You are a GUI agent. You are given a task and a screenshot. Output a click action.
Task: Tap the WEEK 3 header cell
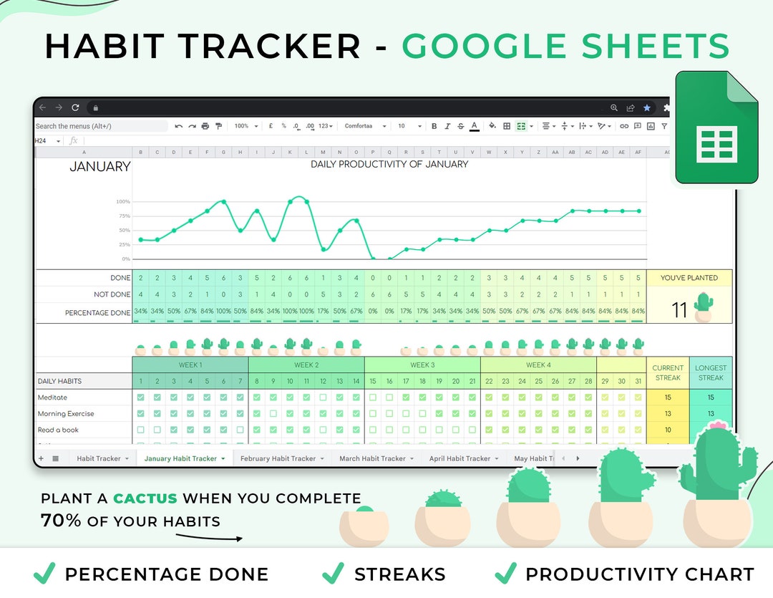(422, 365)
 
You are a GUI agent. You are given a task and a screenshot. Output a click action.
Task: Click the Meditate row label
(52, 397)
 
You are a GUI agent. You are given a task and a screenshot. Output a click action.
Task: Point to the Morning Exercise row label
(66, 414)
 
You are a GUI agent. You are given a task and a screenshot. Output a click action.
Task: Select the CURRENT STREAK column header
(668, 372)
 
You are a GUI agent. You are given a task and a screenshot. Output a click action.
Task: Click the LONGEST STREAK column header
(711, 372)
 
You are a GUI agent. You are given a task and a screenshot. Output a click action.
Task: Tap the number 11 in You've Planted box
(679, 309)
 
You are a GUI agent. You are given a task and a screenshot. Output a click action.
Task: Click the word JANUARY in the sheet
(99, 167)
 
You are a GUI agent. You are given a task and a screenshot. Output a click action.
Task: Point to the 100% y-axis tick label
(123, 202)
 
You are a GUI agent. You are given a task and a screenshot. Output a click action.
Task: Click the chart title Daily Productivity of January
(389, 164)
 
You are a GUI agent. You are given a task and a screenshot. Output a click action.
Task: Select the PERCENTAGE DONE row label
(97, 313)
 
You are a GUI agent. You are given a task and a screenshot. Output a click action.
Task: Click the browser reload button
(75, 107)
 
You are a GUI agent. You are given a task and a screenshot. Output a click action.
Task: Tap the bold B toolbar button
(434, 126)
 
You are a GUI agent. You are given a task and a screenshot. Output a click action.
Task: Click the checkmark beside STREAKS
(333, 573)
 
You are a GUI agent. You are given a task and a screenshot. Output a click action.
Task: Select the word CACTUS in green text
(145, 498)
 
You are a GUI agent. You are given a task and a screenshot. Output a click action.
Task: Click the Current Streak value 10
(668, 430)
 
